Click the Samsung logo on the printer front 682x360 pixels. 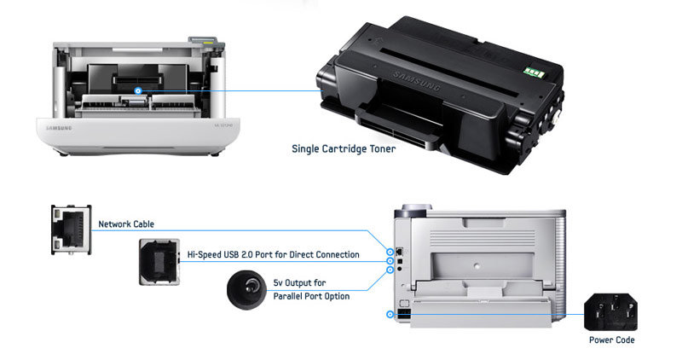(x=59, y=127)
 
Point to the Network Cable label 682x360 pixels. (x=126, y=224)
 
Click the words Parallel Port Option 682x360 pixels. (x=311, y=295)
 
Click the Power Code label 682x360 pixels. (x=611, y=340)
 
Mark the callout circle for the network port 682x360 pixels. (x=390, y=252)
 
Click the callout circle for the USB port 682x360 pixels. (x=390, y=261)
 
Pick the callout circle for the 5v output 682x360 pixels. (x=390, y=270)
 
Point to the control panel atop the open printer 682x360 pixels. (x=199, y=41)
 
